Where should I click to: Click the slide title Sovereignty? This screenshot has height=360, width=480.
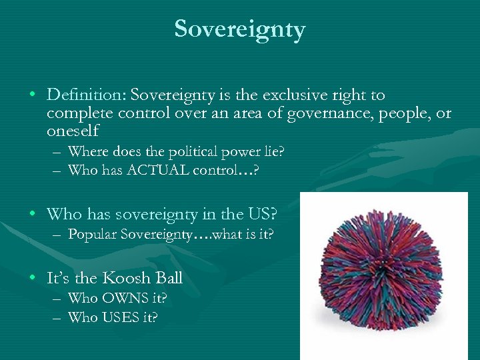pos(240,29)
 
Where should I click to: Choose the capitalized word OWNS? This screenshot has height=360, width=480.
pos(119,298)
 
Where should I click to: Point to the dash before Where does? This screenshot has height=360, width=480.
pos(58,152)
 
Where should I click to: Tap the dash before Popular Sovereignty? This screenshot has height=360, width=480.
pos(58,235)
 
